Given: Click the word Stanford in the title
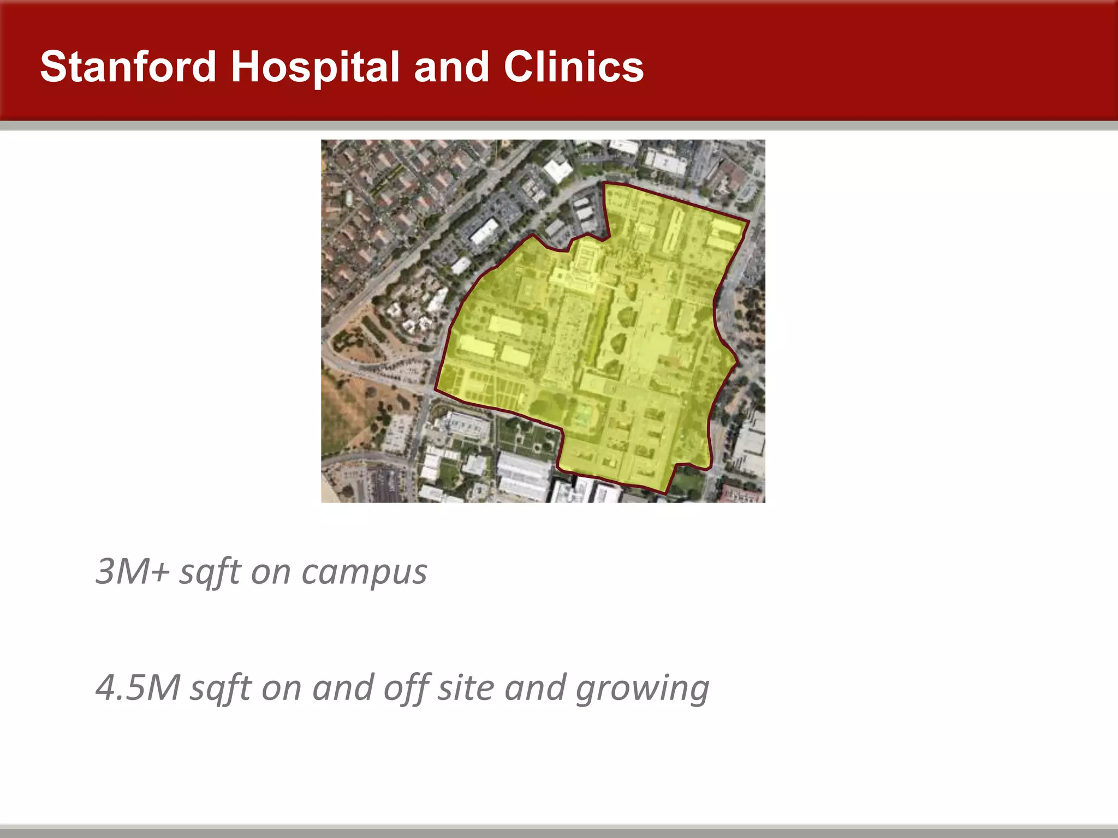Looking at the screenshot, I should click(128, 67).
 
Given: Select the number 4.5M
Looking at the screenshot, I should click(138, 687).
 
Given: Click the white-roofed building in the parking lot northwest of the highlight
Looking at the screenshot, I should click(484, 231).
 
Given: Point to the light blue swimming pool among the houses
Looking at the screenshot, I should click(348, 197).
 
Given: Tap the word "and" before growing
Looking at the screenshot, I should click(536, 687).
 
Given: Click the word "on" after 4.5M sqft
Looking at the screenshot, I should click(281, 687).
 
